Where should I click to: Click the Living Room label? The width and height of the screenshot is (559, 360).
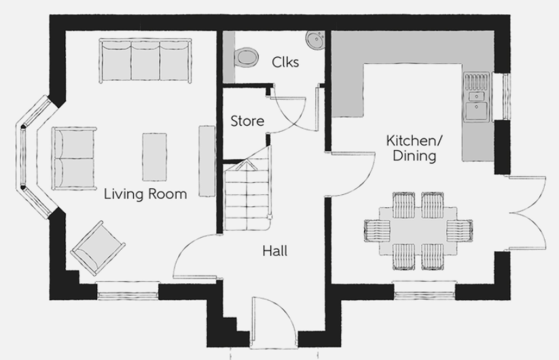pyautogui.click(x=145, y=194)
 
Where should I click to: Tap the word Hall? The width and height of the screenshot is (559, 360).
pyautogui.click(x=275, y=251)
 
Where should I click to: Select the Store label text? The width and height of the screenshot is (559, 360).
pyautogui.click(x=247, y=121)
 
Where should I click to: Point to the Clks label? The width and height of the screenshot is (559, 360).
pyautogui.click(x=285, y=62)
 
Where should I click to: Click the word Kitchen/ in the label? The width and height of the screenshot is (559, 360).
pyautogui.click(x=414, y=141)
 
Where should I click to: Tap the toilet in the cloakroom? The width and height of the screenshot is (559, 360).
pyautogui.click(x=245, y=56)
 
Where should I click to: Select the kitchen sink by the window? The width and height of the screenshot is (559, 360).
pyautogui.click(x=476, y=97)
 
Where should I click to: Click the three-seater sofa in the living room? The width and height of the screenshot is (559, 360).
pyautogui.click(x=145, y=60)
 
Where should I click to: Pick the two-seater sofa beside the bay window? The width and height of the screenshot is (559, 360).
pyautogui.click(x=74, y=158)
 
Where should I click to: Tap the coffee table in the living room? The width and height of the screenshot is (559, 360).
pyautogui.click(x=154, y=157)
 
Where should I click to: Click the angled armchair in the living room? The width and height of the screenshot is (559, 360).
pyautogui.click(x=98, y=248)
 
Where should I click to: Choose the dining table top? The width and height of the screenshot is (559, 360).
pyautogui.click(x=418, y=231)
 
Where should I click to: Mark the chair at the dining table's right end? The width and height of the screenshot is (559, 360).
pyautogui.click(x=460, y=231)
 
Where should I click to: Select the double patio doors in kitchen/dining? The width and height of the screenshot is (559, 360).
pyautogui.click(x=527, y=213)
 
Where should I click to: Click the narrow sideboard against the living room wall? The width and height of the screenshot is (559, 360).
pyautogui.click(x=206, y=161)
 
